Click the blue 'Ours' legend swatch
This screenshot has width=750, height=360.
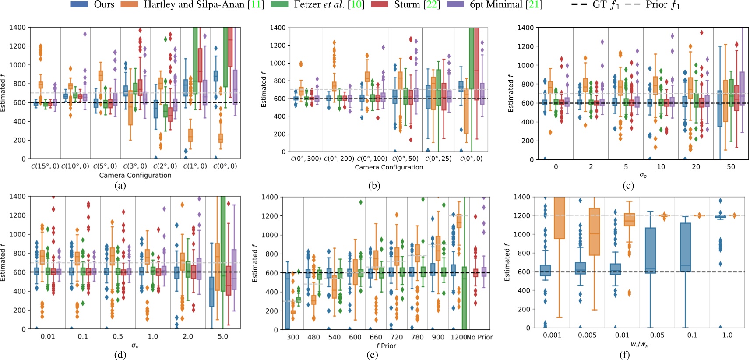click(x=79, y=4)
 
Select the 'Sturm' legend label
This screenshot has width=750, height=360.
click(x=407, y=5)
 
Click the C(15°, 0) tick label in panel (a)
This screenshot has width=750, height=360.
click(x=45, y=166)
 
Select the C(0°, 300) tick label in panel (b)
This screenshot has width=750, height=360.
click(x=306, y=159)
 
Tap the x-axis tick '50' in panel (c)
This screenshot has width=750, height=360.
click(x=731, y=167)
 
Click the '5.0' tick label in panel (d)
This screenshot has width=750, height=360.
click(x=222, y=336)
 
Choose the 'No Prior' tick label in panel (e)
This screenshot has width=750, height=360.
click(x=480, y=337)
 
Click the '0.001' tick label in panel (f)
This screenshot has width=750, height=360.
click(x=552, y=335)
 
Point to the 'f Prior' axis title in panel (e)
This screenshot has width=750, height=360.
click(x=386, y=346)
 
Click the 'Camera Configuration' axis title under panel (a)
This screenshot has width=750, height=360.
click(x=135, y=175)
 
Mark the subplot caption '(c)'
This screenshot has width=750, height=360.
click(x=628, y=185)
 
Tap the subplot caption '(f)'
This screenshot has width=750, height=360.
click(x=624, y=355)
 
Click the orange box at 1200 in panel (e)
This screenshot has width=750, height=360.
click(x=459, y=221)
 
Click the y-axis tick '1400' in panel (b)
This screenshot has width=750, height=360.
click(x=278, y=28)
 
